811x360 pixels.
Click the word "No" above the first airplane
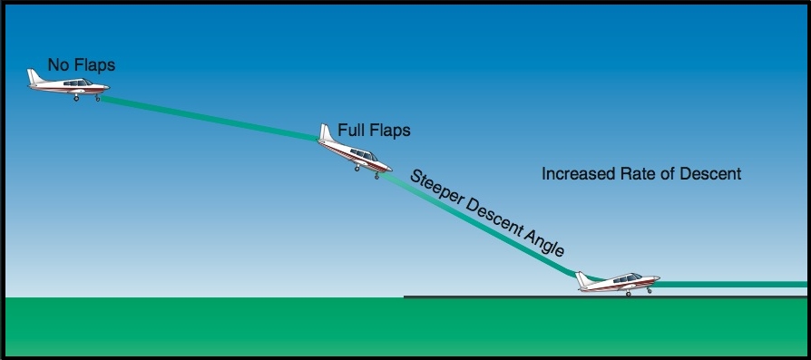click(58, 65)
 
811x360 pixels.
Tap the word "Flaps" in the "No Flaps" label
click(93, 65)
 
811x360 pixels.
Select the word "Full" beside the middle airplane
click(352, 131)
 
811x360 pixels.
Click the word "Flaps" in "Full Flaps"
click(390, 131)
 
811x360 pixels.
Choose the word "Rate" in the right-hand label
click(641, 173)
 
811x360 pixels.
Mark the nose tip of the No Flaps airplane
click(107, 89)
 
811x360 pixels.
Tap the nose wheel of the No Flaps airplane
click(97, 98)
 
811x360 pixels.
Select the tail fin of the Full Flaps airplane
click(326, 132)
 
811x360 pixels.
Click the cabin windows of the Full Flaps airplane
click(359, 154)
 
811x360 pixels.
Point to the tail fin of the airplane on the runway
click(584, 278)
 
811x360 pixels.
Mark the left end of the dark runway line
click(405, 297)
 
